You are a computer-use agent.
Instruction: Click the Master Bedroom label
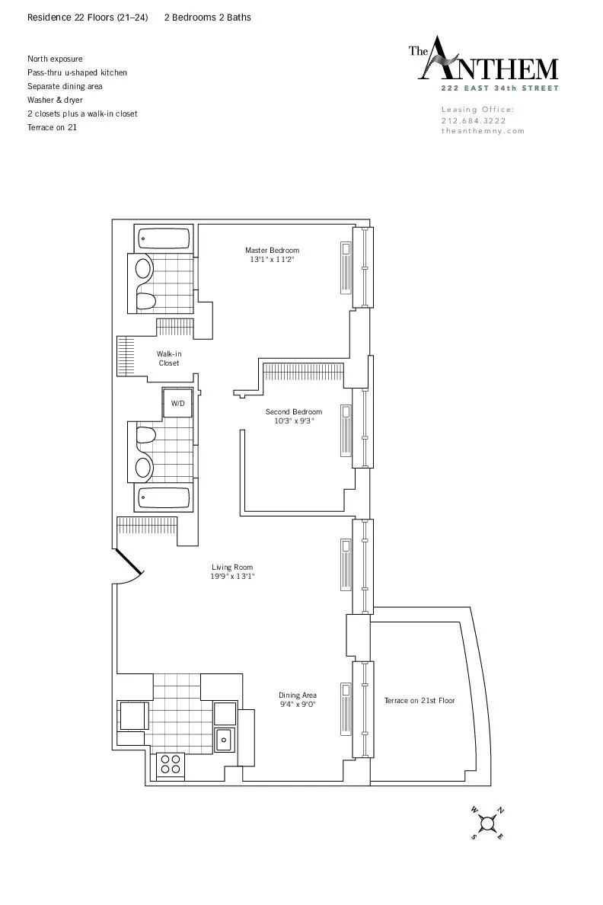click(x=272, y=250)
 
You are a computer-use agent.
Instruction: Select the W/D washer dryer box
click(x=177, y=403)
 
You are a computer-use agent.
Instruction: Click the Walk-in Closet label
click(x=169, y=358)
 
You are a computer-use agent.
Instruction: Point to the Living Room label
click(x=232, y=567)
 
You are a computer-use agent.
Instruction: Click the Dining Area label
click(x=297, y=695)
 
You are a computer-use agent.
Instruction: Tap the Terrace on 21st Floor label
click(x=419, y=700)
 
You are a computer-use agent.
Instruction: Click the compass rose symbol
click(x=488, y=823)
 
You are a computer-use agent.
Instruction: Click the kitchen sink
click(x=225, y=738)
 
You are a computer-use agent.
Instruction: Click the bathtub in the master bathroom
click(x=164, y=239)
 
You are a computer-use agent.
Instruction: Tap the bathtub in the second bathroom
click(x=164, y=499)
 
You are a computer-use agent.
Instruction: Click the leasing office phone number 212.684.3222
click(x=473, y=120)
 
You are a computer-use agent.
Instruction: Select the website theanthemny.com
click(x=483, y=131)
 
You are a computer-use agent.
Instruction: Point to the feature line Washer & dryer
click(x=55, y=100)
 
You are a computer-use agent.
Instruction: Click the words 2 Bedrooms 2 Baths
click(x=208, y=18)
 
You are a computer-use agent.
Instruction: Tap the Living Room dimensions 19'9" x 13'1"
click(x=232, y=577)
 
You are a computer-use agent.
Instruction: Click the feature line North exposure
click(x=55, y=59)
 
